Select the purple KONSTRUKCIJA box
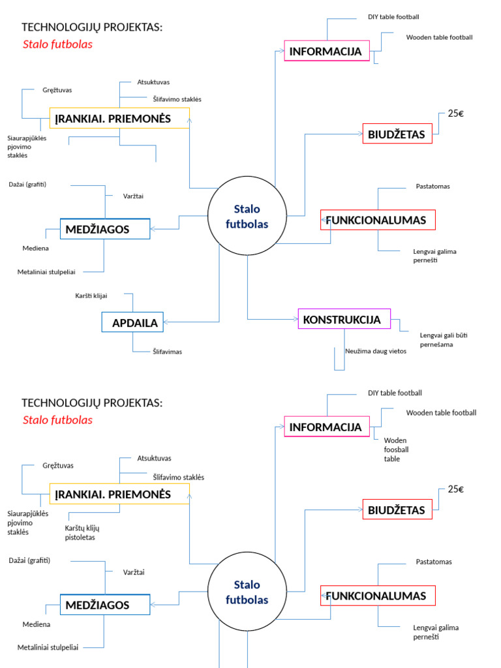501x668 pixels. pyautogui.click(x=344, y=319)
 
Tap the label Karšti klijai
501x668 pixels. pyautogui.click(x=91, y=296)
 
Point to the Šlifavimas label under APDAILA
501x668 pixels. pyautogui.click(x=167, y=352)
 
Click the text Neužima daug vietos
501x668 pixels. pyautogui.click(x=376, y=351)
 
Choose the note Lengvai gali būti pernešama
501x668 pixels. pyautogui.click(x=444, y=340)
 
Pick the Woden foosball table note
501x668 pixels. pyautogui.click(x=396, y=449)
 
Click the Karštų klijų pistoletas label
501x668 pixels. pyautogui.click(x=82, y=532)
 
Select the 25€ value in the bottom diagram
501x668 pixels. pyautogui.click(x=455, y=489)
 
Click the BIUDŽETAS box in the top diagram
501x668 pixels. pyautogui.click(x=397, y=134)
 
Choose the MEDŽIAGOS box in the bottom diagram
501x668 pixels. pyautogui.click(x=105, y=605)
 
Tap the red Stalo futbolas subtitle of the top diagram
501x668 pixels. pyautogui.click(x=57, y=44)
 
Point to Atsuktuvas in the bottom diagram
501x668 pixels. pyautogui.click(x=154, y=459)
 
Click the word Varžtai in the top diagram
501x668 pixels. pyautogui.click(x=134, y=196)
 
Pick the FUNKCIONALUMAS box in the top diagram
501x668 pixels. pyautogui.click(x=378, y=220)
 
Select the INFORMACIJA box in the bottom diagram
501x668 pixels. pyautogui.click(x=326, y=427)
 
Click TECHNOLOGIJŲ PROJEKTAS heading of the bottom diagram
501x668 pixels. pyautogui.click(x=92, y=402)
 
